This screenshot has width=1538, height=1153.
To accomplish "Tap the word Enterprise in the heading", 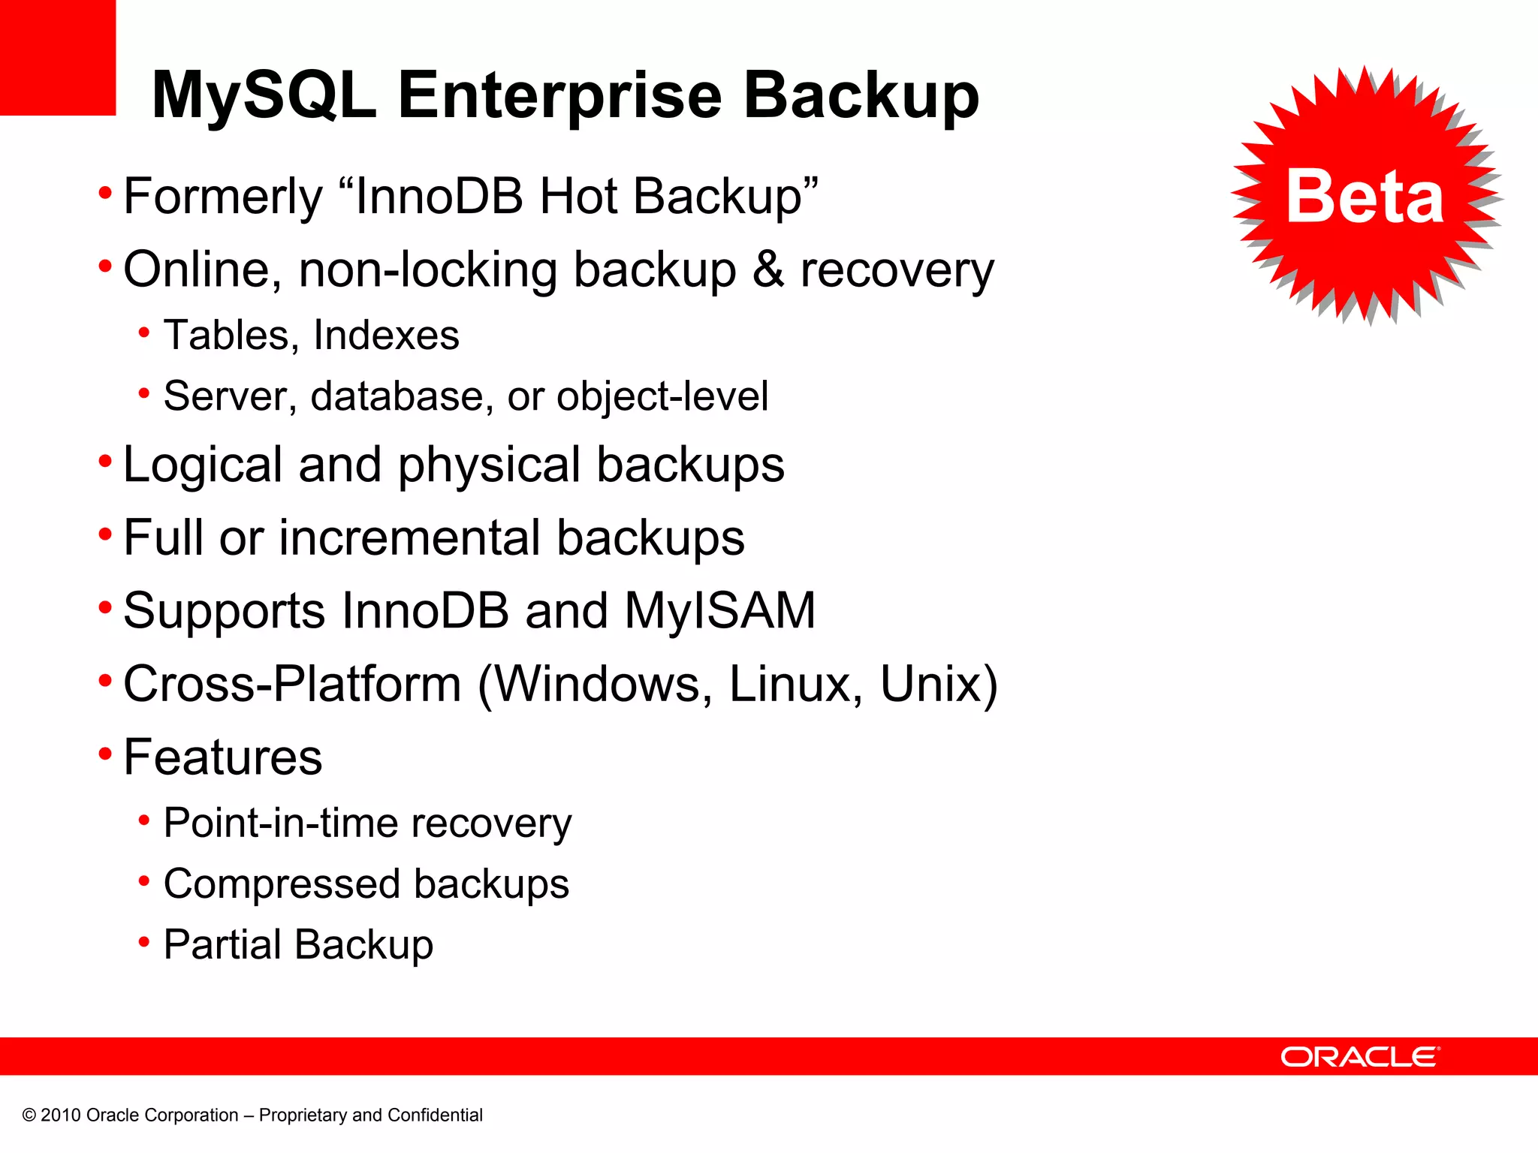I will point(559,96).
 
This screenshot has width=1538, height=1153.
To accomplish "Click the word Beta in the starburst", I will point(1365,197).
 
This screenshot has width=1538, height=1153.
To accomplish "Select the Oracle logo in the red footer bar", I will point(1360,1057).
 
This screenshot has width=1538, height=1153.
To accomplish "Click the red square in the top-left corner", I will point(58,57).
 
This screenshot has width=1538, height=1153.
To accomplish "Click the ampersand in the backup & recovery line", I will point(768,269).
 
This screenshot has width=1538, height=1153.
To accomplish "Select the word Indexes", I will point(386,335).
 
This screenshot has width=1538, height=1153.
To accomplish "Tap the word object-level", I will point(662,396).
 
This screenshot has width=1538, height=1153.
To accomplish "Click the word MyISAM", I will point(719,610).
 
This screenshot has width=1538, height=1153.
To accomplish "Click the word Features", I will point(223,757).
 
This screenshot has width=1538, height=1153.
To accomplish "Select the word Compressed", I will point(282,884).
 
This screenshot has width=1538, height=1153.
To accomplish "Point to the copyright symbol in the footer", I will point(29,1115).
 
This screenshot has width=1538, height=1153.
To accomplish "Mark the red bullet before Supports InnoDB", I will point(105,607).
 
